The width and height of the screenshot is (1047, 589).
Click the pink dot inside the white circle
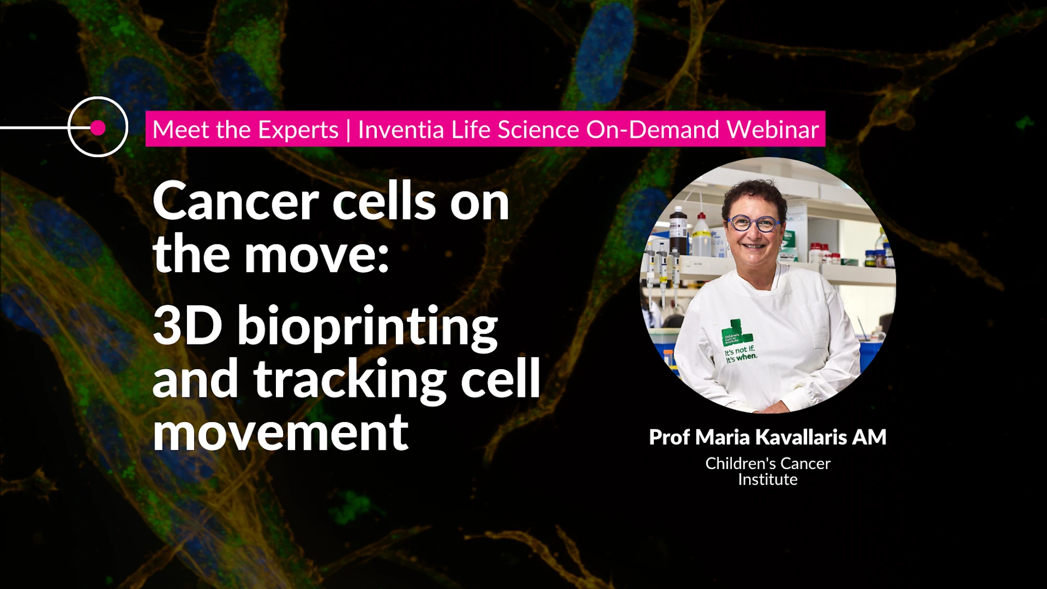(x=98, y=128)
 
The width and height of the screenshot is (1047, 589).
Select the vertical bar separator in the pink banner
(x=348, y=130)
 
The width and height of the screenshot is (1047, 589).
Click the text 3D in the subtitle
(x=187, y=326)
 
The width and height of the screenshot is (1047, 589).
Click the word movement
(x=280, y=433)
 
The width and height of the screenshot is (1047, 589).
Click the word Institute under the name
(x=767, y=480)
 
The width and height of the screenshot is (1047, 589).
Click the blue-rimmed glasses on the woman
(x=754, y=224)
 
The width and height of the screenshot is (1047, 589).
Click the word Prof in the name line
(x=670, y=437)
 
